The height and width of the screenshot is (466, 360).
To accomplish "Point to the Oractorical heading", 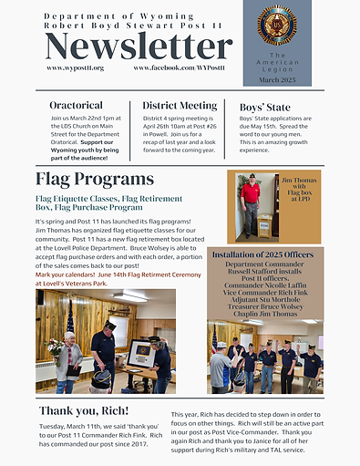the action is tap(76, 106).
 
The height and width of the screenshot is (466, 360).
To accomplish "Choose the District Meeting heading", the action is tap(178, 106).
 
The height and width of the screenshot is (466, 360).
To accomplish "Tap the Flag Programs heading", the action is tap(95, 178).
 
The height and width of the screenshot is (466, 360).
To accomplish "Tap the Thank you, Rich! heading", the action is tap(83, 411).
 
